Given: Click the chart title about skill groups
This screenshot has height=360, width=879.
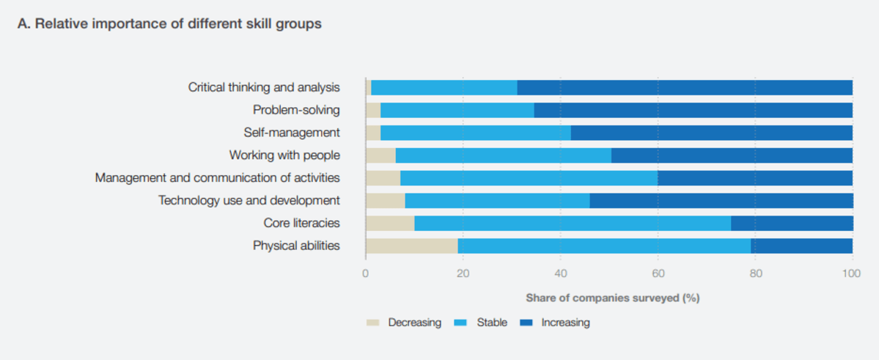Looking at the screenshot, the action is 170,25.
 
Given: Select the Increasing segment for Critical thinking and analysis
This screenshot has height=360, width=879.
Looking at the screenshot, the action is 685,87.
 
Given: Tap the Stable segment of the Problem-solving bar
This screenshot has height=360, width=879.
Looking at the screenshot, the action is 457,110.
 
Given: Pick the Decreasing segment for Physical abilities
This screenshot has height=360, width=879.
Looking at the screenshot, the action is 412,246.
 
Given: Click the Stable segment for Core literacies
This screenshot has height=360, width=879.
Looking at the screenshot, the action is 573,223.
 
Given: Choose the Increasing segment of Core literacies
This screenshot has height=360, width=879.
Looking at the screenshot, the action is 792,223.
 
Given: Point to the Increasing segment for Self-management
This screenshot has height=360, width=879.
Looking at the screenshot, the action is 712,133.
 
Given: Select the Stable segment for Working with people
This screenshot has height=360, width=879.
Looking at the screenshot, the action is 504,155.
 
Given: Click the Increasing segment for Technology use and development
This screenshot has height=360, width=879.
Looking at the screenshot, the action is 721,200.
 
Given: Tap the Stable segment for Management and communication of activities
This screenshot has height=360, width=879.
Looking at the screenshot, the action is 529,177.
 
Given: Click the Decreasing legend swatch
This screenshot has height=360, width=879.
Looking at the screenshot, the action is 373,323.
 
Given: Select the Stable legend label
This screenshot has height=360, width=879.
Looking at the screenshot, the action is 492,323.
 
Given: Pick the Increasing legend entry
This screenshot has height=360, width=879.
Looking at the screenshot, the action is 555,323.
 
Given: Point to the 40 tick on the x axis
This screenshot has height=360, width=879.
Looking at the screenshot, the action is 560,273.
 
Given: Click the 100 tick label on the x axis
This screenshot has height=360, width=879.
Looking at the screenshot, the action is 852,273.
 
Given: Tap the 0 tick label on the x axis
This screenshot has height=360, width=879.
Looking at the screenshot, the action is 366,273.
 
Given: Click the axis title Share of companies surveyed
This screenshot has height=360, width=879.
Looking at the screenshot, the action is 612,298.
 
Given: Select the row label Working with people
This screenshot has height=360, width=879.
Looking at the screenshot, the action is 284,155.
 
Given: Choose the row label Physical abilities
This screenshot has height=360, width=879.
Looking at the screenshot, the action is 297,246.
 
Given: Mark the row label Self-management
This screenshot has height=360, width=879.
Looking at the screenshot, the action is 292,133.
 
